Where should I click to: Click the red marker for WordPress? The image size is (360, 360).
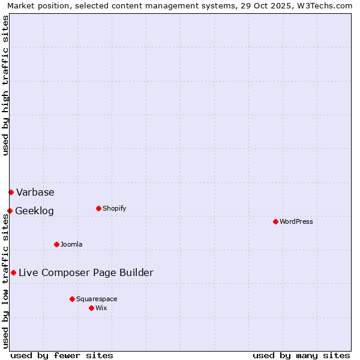(x=275, y=221)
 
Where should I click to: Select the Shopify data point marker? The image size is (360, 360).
(x=98, y=208)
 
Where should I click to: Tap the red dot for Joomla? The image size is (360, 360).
(x=56, y=244)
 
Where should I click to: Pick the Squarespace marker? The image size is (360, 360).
(x=72, y=299)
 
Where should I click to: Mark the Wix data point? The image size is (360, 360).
(x=91, y=308)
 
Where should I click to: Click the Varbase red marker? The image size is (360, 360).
(x=11, y=192)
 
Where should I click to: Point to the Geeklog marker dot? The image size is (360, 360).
(x=10, y=211)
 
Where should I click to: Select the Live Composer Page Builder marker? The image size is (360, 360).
(x=13, y=272)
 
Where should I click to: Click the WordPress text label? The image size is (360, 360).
(x=296, y=221)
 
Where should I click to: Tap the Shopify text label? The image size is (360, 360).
(x=114, y=208)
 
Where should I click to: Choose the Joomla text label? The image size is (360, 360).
(x=71, y=244)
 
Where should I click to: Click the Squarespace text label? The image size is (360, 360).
(x=97, y=299)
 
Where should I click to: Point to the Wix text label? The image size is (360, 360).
(x=101, y=308)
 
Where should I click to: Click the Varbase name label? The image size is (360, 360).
(x=35, y=192)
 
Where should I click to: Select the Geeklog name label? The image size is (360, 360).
(x=34, y=211)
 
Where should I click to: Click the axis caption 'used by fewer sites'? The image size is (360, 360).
(x=62, y=355)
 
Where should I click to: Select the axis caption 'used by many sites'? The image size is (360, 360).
(x=301, y=355)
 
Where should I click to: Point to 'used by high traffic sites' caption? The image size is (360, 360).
(x=6, y=85)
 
